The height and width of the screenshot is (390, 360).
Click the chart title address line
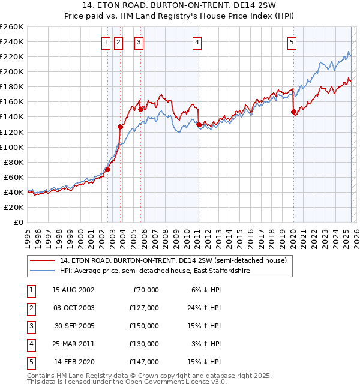(179, 7)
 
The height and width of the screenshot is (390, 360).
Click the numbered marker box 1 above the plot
(106, 42)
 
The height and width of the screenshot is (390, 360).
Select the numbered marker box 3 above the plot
(139, 42)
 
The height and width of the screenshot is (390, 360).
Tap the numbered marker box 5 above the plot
(292, 42)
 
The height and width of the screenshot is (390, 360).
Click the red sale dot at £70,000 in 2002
(108, 169)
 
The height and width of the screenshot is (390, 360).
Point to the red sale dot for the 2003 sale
(120, 127)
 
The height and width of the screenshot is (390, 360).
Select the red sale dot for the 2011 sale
(199, 124)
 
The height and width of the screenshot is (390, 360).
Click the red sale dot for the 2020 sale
(293, 112)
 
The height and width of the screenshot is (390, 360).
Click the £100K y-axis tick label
(11, 147)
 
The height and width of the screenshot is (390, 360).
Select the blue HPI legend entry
(154, 271)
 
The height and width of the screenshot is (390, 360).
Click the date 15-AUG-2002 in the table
(73, 290)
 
